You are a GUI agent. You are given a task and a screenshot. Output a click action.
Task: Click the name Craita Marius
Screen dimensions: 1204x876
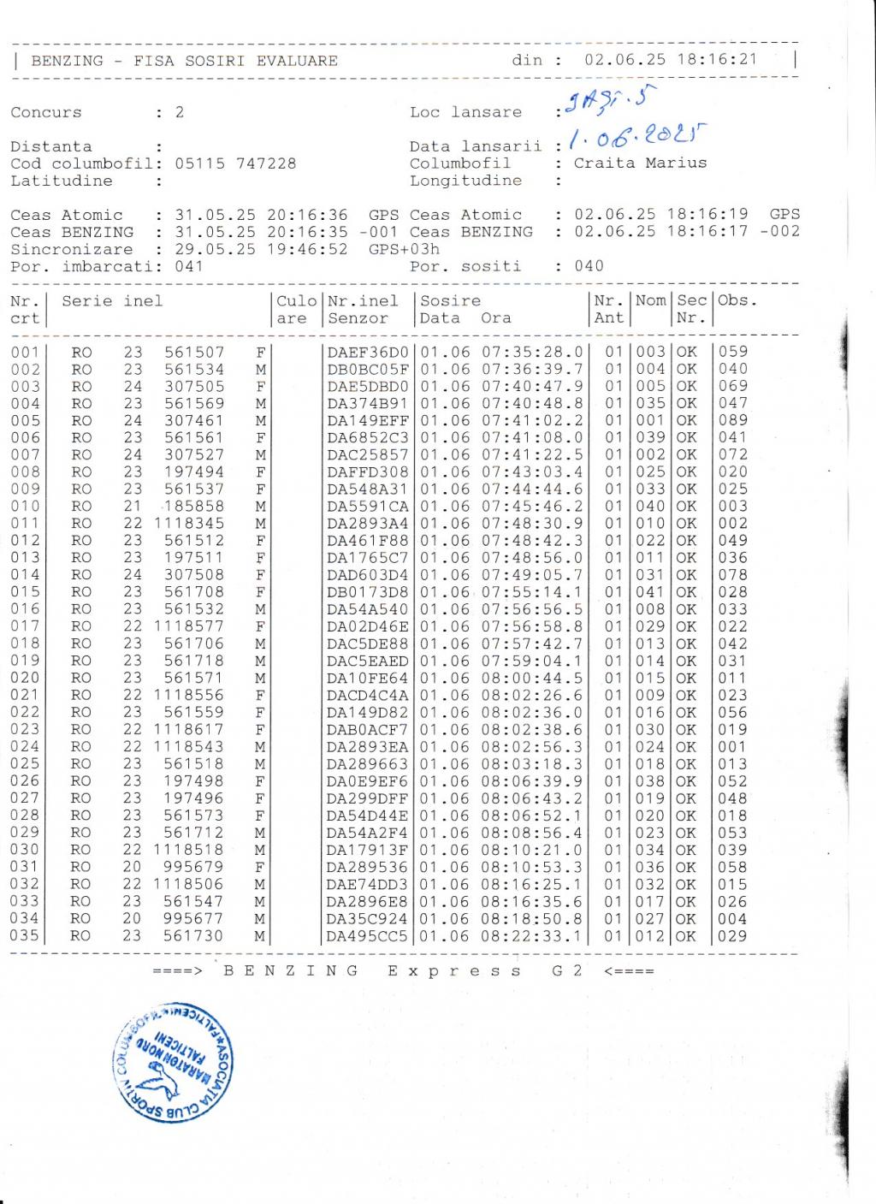pos(640,163)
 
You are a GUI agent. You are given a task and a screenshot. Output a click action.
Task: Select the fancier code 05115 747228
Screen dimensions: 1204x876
pos(235,163)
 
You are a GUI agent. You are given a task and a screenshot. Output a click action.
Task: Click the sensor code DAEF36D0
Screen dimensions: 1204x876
pos(368,352)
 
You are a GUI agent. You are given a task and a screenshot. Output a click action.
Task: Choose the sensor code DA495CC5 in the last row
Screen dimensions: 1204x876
pos(368,935)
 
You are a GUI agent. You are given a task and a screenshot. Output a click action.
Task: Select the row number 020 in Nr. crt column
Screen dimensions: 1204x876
pos(25,678)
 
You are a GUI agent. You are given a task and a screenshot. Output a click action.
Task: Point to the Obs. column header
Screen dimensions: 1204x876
pos(737,300)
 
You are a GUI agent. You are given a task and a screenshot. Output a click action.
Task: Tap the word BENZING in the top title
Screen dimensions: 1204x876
pos(67,61)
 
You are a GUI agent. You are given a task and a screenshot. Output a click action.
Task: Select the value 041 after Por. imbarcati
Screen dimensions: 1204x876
pos(189,266)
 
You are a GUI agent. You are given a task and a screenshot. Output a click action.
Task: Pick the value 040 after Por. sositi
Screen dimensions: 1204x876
pos(589,265)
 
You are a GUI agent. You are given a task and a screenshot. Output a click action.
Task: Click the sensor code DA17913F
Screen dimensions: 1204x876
pos(368,850)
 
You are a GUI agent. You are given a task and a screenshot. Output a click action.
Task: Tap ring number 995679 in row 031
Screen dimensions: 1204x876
pos(194,867)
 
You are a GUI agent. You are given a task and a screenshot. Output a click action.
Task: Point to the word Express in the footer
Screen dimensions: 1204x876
pos(454,970)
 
